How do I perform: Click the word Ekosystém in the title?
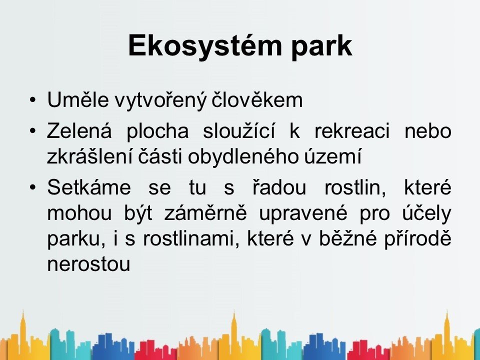(x=205, y=46)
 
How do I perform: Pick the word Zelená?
(x=79, y=130)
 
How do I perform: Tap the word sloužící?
(x=238, y=130)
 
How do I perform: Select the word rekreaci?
(x=352, y=130)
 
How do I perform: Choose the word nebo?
(x=428, y=130)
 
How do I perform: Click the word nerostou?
(x=89, y=264)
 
